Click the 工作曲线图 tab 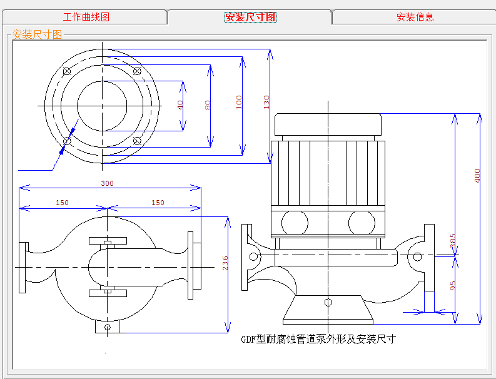(86, 17)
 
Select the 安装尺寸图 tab (250, 17)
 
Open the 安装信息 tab (415, 17)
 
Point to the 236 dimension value (225, 263)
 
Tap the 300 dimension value (108, 183)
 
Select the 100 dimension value (238, 102)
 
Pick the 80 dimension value (208, 105)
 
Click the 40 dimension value (180, 105)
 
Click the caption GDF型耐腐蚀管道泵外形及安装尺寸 (318, 340)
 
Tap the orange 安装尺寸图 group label (38, 34)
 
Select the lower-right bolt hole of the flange (137, 141)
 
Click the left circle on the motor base (295, 222)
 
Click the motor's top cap (328, 124)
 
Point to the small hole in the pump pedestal (328, 303)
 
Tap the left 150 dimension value (62, 203)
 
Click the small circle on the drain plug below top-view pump (108, 327)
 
